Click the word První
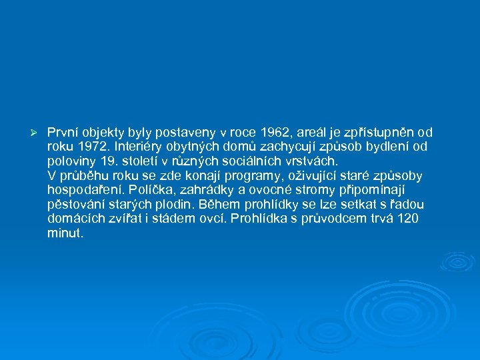pyautogui.click(x=63, y=132)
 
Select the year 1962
pyautogui.click(x=277, y=132)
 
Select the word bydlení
pyautogui.click(x=386, y=147)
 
